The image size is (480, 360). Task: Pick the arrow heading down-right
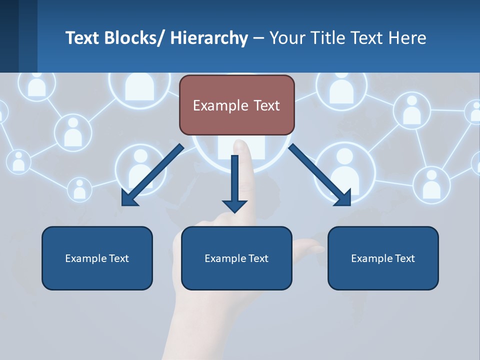pyautogui.click(x=320, y=175)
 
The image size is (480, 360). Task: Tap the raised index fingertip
pyautogui.click(x=242, y=146)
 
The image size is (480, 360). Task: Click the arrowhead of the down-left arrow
pyautogui.click(x=128, y=199)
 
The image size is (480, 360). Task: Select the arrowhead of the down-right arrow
pyautogui.click(x=344, y=198)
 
